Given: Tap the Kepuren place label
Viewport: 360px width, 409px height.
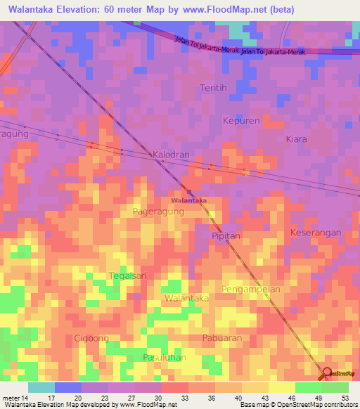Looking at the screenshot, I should coord(241,121).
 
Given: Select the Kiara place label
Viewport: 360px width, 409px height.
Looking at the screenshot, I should coord(296,139).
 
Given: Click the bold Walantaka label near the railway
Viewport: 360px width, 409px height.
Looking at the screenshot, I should coord(188,200).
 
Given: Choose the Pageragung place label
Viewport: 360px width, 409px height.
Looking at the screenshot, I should coord(158,210).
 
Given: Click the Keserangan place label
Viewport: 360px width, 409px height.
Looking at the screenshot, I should coord(316,232).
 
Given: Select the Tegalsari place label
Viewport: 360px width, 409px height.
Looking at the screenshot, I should coord(128,275).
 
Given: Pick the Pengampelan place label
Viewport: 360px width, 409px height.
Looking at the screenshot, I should coord(251,289).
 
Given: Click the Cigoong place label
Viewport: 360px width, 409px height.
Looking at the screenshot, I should coord(91,338).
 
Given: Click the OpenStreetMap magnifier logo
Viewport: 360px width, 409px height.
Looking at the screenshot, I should coord(327,372).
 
